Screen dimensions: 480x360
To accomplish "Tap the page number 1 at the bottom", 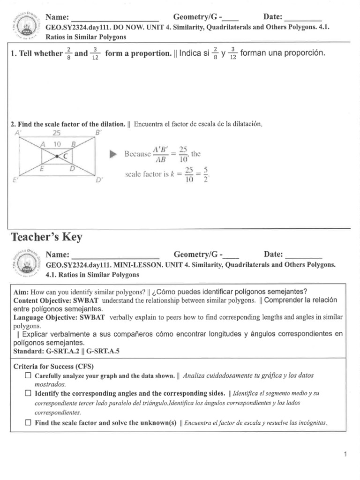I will coord(345,454).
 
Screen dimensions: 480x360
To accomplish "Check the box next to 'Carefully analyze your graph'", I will coord(28,375).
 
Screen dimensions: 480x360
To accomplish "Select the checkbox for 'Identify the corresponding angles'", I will coord(28,393).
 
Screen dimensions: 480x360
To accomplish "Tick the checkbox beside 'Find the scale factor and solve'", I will coord(28,422).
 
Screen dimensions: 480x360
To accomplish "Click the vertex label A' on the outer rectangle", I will coord(19,133).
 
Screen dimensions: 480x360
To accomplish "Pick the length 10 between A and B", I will coord(57,144).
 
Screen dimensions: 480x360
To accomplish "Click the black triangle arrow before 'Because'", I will coord(112,154).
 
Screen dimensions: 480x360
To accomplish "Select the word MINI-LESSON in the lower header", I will coord(140,264).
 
